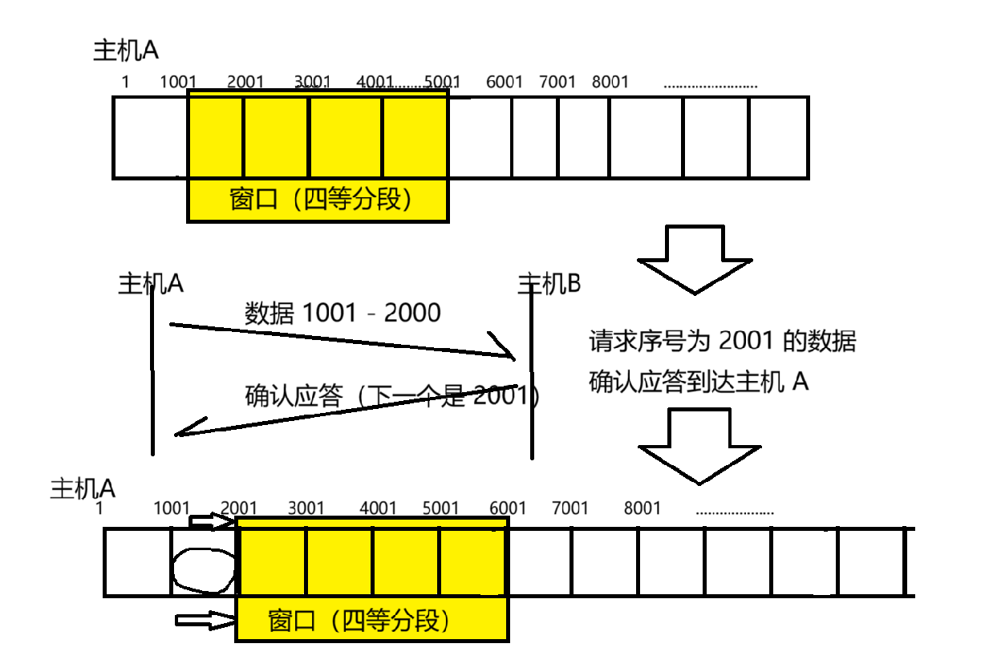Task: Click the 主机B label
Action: pos(549,283)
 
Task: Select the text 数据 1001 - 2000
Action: pos(343,313)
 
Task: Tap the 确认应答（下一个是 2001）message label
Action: pos(392,395)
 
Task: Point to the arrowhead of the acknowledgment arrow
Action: pos(186,431)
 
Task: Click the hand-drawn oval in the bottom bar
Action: pos(203,570)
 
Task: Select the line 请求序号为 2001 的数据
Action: pos(723,342)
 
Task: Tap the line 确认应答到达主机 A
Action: pos(699,383)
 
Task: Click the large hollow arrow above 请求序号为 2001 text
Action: pos(695,259)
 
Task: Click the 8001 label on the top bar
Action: pos(610,82)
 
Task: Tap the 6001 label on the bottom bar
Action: pos(508,508)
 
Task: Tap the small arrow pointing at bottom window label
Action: pos(203,620)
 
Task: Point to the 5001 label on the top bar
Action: pos(442,82)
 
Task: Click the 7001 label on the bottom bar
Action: pos(570,508)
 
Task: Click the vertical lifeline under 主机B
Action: pos(531,377)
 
